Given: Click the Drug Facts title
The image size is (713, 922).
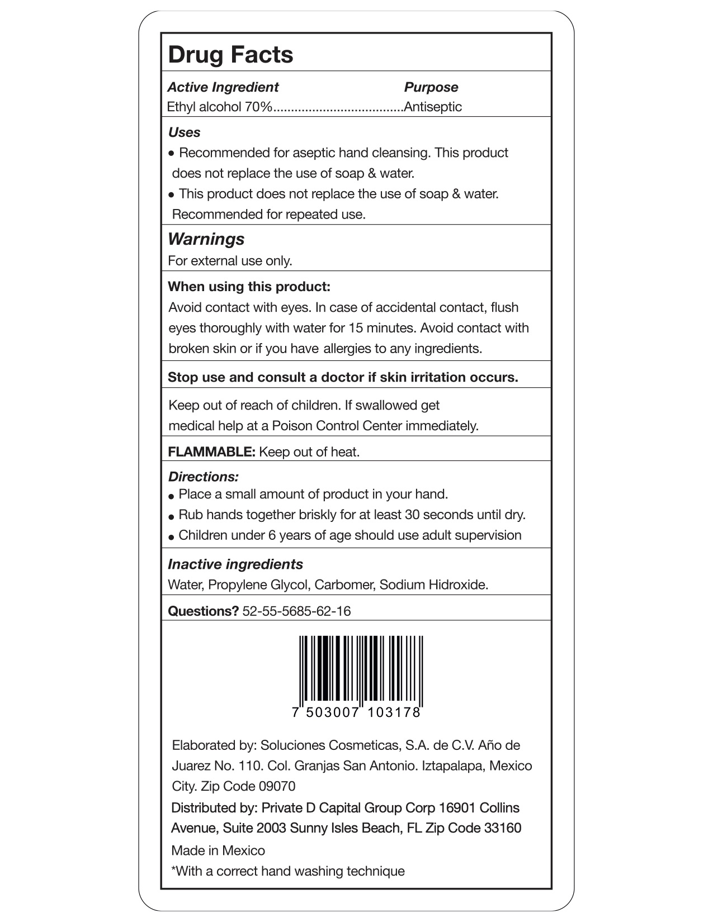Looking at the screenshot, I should click(230, 55).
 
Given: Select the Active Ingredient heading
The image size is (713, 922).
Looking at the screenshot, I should click(223, 87).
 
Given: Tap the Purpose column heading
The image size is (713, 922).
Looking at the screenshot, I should click(431, 87).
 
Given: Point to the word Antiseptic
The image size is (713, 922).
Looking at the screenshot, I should click(433, 107).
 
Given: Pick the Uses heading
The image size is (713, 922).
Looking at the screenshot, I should click(184, 132).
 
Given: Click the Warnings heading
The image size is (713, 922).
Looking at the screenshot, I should click(206, 239).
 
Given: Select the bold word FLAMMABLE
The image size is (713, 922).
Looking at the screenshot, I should click(211, 452).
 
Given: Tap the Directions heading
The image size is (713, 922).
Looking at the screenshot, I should click(203, 477).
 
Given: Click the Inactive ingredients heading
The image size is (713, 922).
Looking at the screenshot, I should click(235, 564).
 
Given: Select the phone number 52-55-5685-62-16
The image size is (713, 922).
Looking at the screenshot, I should click(296, 611).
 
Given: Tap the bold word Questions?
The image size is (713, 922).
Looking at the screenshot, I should click(204, 611).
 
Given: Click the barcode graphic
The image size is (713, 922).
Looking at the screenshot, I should click(361, 671).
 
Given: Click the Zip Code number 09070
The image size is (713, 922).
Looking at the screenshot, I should click(277, 786).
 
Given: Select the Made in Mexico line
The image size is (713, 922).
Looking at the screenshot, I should click(218, 850).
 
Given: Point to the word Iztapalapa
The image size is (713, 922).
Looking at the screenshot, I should click(453, 766).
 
